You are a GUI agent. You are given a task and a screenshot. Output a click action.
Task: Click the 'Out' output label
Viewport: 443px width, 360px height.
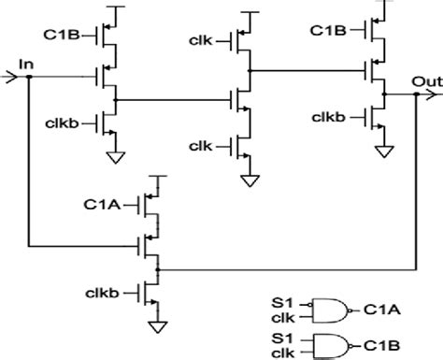(425, 80)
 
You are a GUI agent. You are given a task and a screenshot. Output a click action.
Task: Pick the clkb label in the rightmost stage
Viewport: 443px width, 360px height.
(331, 116)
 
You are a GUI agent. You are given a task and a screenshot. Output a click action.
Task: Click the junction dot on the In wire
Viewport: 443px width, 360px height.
(28, 78)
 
